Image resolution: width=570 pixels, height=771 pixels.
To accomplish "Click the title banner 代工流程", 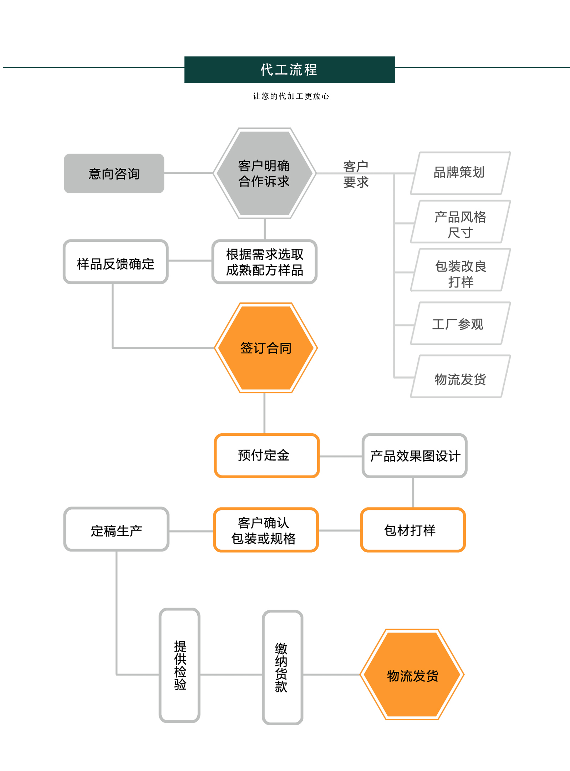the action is pyautogui.click(x=289, y=70).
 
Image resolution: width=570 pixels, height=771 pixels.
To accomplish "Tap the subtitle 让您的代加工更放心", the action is pyautogui.click(x=291, y=96).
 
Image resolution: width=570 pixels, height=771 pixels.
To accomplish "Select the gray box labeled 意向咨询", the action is pyautogui.click(x=114, y=173).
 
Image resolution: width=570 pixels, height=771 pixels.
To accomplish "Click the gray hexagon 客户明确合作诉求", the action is pyautogui.click(x=264, y=173).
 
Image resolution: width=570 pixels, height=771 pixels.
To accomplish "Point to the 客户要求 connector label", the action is pyautogui.click(x=356, y=174).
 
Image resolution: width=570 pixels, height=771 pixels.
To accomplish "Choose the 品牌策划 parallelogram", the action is pyautogui.click(x=460, y=173).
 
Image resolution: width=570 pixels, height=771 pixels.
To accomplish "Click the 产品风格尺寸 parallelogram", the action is pyautogui.click(x=460, y=222).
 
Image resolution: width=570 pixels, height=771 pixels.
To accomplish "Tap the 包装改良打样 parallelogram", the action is pyautogui.click(x=460, y=270).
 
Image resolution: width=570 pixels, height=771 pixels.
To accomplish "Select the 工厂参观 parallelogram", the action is pyautogui.click(x=460, y=323).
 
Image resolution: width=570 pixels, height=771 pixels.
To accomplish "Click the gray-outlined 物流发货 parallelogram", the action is pyautogui.click(x=460, y=376).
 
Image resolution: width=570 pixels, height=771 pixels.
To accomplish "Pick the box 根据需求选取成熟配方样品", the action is pyautogui.click(x=264, y=262).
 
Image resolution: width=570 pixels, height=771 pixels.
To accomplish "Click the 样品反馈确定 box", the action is pyautogui.click(x=116, y=262).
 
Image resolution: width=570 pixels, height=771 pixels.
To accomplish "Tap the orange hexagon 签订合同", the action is pyautogui.click(x=266, y=348).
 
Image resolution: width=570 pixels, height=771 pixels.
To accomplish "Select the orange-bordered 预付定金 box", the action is pyautogui.click(x=266, y=455).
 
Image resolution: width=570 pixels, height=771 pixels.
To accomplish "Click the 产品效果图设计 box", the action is pyautogui.click(x=414, y=455).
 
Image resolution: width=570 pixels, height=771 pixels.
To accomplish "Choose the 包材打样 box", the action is pyautogui.click(x=413, y=530).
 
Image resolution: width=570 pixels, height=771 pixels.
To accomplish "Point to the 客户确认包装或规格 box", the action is pyautogui.click(x=266, y=530).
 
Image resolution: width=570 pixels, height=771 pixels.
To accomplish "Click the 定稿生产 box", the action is pyautogui.click(x=116, y=529).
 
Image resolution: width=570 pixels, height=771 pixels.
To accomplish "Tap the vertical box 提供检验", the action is pyautogui.click(x=179, y=665).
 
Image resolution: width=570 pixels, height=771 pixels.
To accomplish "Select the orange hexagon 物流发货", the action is pyautogui.click(x=412, y=675).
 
